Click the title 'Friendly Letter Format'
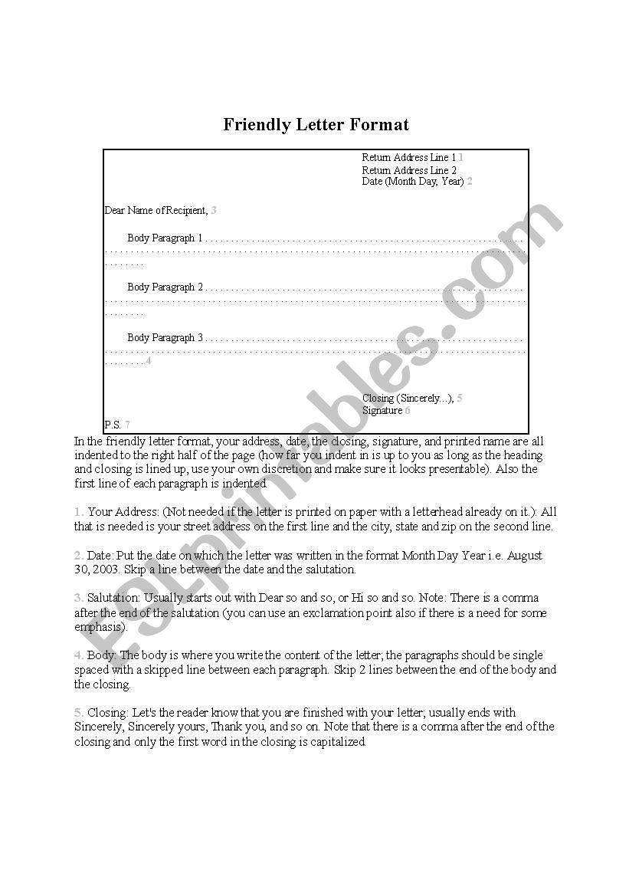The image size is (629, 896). click(x=316, y=124)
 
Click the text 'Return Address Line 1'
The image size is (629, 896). click(x=408, y=157)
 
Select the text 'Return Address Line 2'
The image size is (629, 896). click(x=409, y=170)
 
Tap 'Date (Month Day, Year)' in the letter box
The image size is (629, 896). click(x=413, y=182)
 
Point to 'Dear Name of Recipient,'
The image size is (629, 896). click(x=156, y=210)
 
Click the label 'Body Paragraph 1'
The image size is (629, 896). click(x=165, y=238)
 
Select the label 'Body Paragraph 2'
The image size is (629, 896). click(x=165, y=287)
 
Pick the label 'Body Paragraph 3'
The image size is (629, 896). click(x=165, y=337)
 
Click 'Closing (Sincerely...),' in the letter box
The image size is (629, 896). click(x=408, y=399)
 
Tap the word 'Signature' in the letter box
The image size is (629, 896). click(x=382, y=410)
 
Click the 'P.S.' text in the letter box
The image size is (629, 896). click(x=113, y=425)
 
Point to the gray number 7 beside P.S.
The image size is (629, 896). click(x=127, y=425)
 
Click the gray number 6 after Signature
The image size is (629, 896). click(x=408, y=410)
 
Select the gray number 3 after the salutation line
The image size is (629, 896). click(x=214, y=210)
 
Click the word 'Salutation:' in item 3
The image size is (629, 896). click(x=113, y=598)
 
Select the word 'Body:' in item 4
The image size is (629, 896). click(x=102, y=655)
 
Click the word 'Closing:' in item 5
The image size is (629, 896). click(x=108, y=713)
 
